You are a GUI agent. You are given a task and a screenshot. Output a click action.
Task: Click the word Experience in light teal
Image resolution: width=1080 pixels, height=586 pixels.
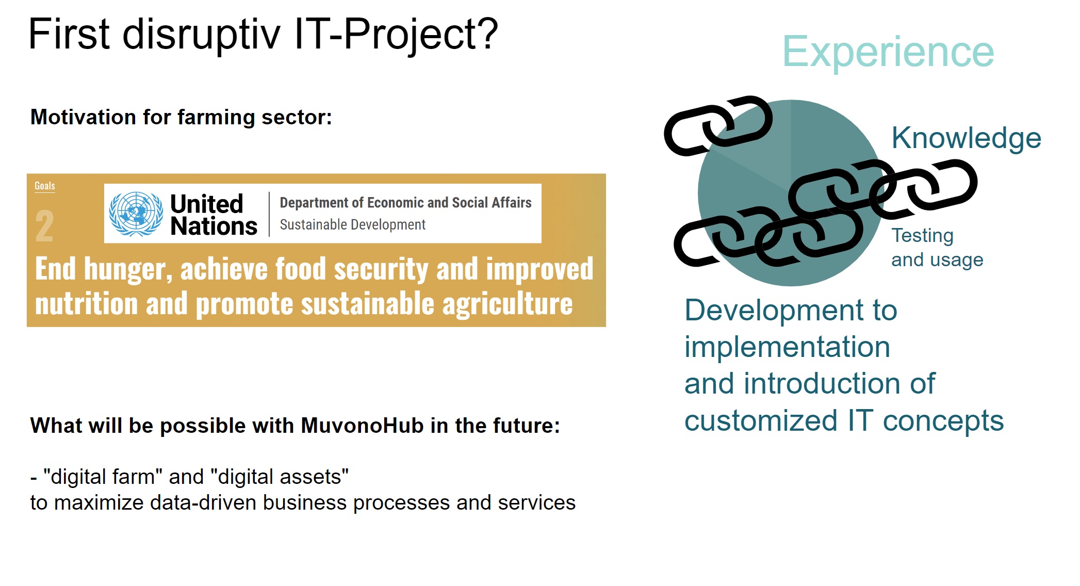click(888, 52)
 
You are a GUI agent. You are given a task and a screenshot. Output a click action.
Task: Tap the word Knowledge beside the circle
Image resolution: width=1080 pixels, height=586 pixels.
click(967, 138)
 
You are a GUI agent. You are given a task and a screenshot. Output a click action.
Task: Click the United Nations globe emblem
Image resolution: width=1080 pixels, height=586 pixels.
click(136, 214)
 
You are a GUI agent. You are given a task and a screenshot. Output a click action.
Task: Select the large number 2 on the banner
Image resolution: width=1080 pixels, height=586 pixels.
click(44, 226)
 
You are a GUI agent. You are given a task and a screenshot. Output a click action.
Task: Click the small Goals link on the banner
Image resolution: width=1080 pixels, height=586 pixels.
click(45, 186)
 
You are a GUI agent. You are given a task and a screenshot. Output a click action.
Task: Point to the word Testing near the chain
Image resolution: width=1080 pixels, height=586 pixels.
click(923, 236)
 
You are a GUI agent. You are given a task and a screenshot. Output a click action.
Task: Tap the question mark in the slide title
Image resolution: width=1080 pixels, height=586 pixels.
click(486, 34)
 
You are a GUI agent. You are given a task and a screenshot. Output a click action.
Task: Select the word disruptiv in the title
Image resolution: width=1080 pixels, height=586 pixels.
click(202, 34)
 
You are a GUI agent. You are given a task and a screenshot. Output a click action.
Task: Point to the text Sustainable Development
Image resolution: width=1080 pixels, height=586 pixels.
click(353, 225)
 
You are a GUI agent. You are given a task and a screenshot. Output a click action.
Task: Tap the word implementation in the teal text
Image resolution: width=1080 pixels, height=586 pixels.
click(788, 347)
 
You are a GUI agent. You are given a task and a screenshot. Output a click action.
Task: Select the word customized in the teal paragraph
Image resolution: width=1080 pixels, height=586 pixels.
click(761, 420)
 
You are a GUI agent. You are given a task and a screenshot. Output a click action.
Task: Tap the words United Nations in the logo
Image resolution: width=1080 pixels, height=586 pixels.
click(214, 215)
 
